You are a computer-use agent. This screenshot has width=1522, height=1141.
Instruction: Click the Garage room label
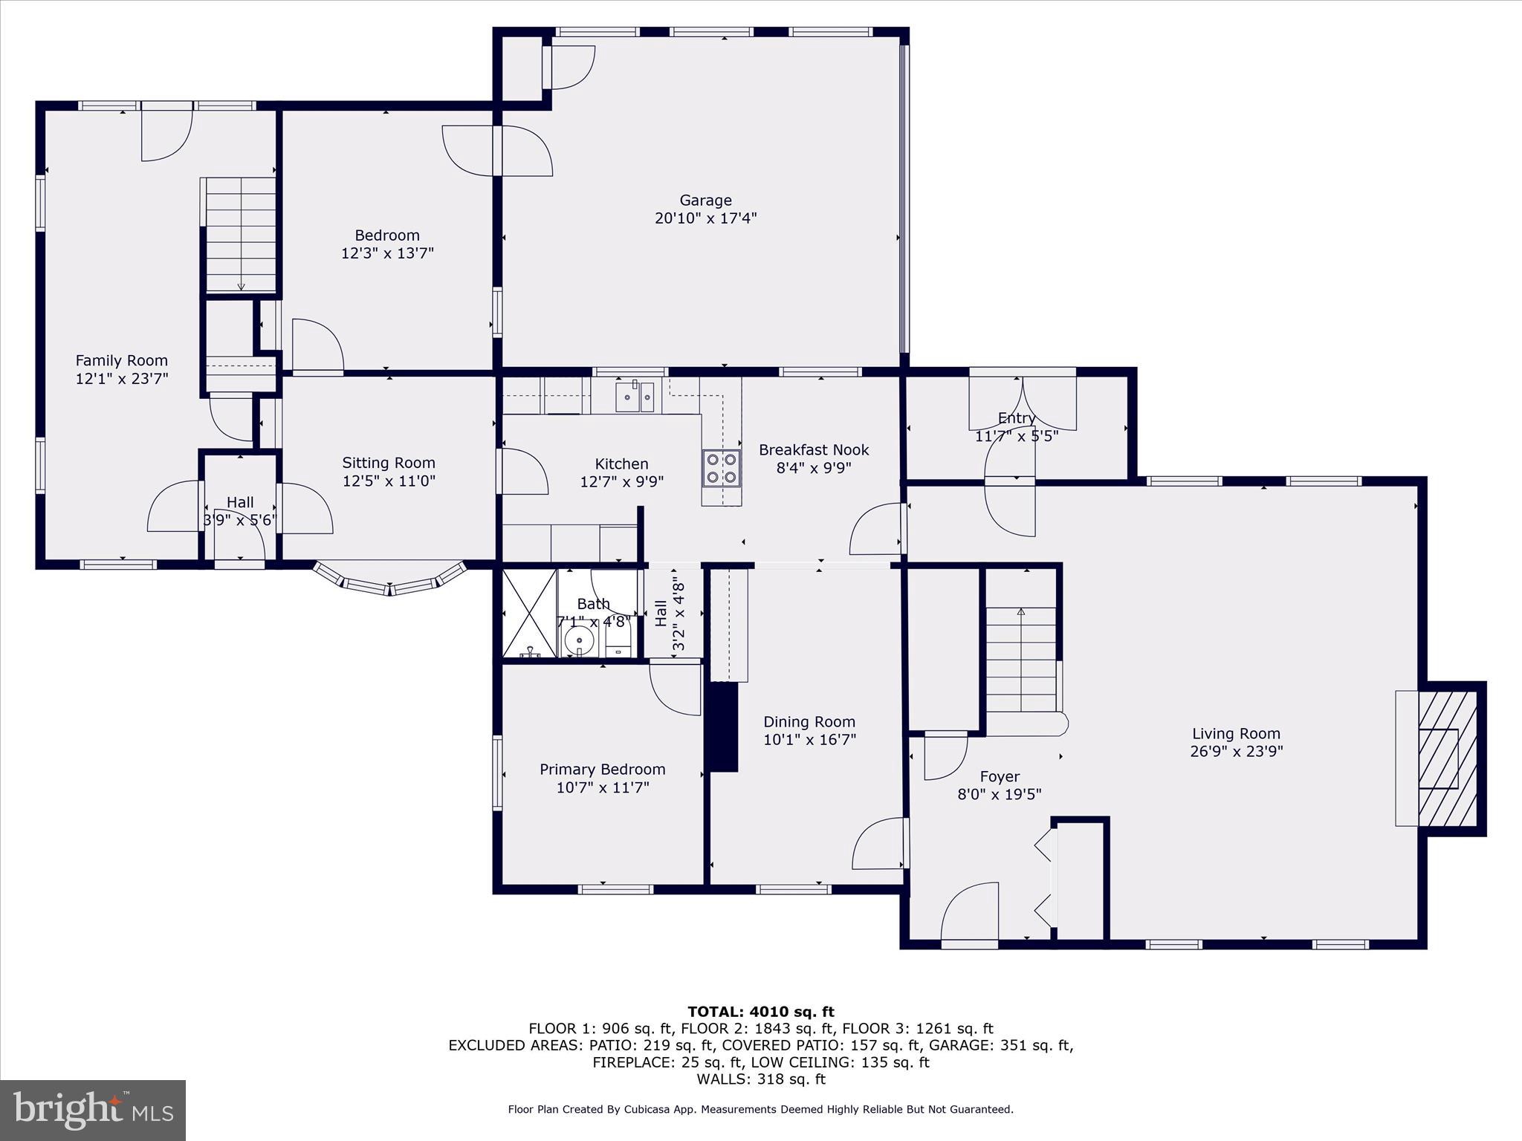click(x=705, y=201)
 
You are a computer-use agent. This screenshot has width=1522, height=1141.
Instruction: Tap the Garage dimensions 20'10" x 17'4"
click(x=705, y=218)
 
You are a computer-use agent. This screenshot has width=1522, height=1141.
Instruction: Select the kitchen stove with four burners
click(x=722, y=468)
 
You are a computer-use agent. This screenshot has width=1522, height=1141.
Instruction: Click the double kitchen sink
click(x=635, y=397)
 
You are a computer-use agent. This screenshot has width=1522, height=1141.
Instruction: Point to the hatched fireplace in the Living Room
click(x=1447, y=758)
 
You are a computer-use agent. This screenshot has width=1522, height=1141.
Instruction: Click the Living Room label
click(x=1236, y=734)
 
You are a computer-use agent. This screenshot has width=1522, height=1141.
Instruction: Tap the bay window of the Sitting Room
click(x=389, y=580)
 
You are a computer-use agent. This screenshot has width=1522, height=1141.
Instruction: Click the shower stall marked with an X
click(x=529, y=614)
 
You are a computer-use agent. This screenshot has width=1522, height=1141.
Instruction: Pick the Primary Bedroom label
click(x=602, y=770)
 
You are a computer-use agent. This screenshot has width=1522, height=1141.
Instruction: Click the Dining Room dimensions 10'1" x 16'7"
click(x=809, y=740)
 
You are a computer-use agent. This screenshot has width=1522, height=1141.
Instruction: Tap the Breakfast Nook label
click(x=814, y=450)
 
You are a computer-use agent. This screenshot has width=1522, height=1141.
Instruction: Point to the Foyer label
click(x=999, y=777)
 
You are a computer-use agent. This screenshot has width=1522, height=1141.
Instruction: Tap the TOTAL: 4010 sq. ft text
click(x=760, y=1012)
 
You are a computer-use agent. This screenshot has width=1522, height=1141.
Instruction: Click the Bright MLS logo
click(x=93, y=1110)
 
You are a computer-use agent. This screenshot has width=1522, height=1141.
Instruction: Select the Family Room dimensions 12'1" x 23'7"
click(x=122, y=379)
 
